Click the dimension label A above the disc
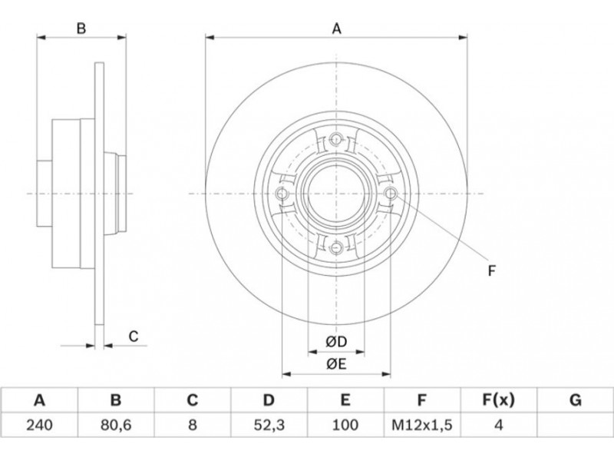pyautogui.click(x=336, y=29)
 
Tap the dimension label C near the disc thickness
pyautogui.click(x=132, y=336)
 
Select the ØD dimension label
pyautogui.click(x=336, y=341)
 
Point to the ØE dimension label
pyautogui.click(x=336, y=364)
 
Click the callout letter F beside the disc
pyautogui.click(x=492, y=270)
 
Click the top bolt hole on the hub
pyautogui.click(x=336, y=139)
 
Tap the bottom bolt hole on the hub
pyautogui.click(x=336, y=247)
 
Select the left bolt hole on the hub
pyautogui.click(x=282, y=193)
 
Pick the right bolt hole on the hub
pyautogui.click(x=390, y=193)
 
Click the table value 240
pyautogui.click(x=38, y=423)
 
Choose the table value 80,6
pyautogui.click(x=115, y=423)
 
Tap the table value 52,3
pyautogui.click(x=269, y=423)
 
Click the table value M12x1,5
pyautogui.click(x=421, y=423)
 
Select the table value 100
pyautogui.click(x=345, y=423)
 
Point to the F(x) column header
pyautogui.click(x=498, y=400)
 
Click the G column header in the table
pyautogui.click(x=575, y=400)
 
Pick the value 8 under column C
pyautogui.click(x=192, y=423)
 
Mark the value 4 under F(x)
pyautogui.click(x=498, y=423)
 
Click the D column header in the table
pyautogui.click(x=269, y=400)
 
